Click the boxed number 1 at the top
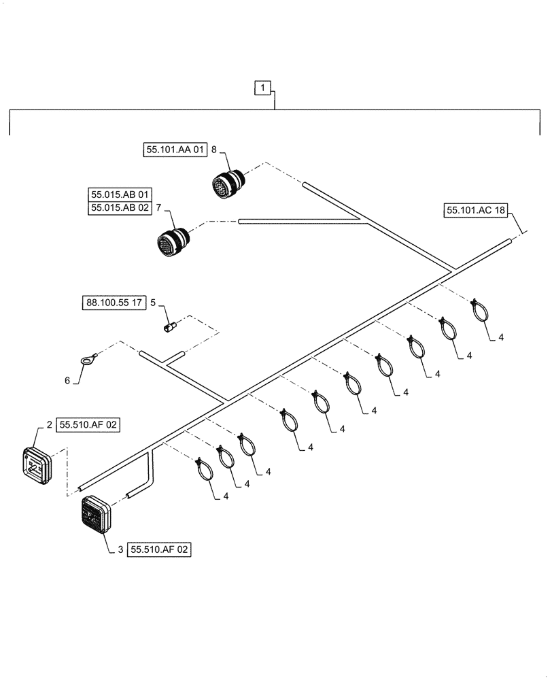(x=264, y=87)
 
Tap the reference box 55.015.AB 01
(x=118, y=194)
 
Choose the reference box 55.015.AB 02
(x=118, y=209)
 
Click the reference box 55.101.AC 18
(x=476, y=211)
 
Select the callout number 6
(x=67, y=381)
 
